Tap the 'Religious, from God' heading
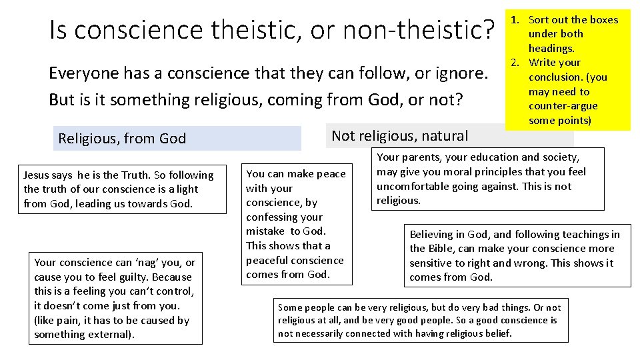122,139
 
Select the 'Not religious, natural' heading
400,136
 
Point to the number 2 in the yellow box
515,63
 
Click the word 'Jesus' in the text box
37,175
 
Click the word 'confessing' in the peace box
275,217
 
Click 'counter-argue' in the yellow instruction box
563,106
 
